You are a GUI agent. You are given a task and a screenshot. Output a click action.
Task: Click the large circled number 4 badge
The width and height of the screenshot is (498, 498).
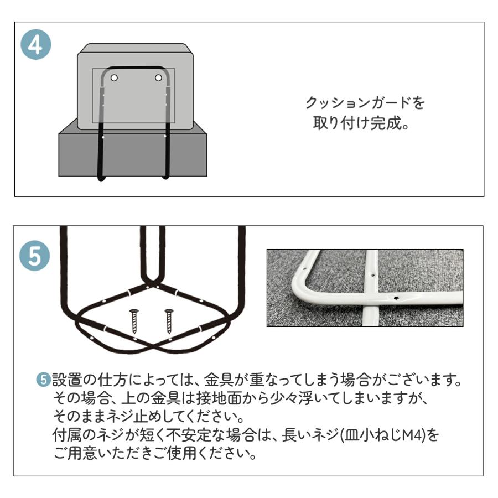point(36,44)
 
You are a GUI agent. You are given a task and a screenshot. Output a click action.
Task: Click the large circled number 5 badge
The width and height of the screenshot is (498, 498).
point(35,256)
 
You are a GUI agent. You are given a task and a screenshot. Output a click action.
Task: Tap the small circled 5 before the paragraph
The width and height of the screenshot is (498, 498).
point(43,380)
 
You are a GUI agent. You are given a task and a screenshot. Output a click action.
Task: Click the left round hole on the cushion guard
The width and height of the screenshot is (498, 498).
point(114,78)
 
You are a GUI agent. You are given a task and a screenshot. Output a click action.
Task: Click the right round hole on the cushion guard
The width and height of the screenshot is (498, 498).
point(158,78)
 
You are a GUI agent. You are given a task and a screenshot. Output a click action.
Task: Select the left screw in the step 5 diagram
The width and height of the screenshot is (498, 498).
point(134,321)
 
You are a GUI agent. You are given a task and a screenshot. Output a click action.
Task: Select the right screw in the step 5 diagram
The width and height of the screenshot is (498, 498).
point(169,321)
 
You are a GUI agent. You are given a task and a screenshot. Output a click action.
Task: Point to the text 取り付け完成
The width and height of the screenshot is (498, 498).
point(357,123)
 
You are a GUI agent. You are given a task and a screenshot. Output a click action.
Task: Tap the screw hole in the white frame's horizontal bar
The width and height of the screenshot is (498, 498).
point(396,298)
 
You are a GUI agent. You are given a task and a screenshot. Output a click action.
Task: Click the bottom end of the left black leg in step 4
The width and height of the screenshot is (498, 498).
point(101,179)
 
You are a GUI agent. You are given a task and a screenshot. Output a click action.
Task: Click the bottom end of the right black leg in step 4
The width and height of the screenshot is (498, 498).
point(166,177)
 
